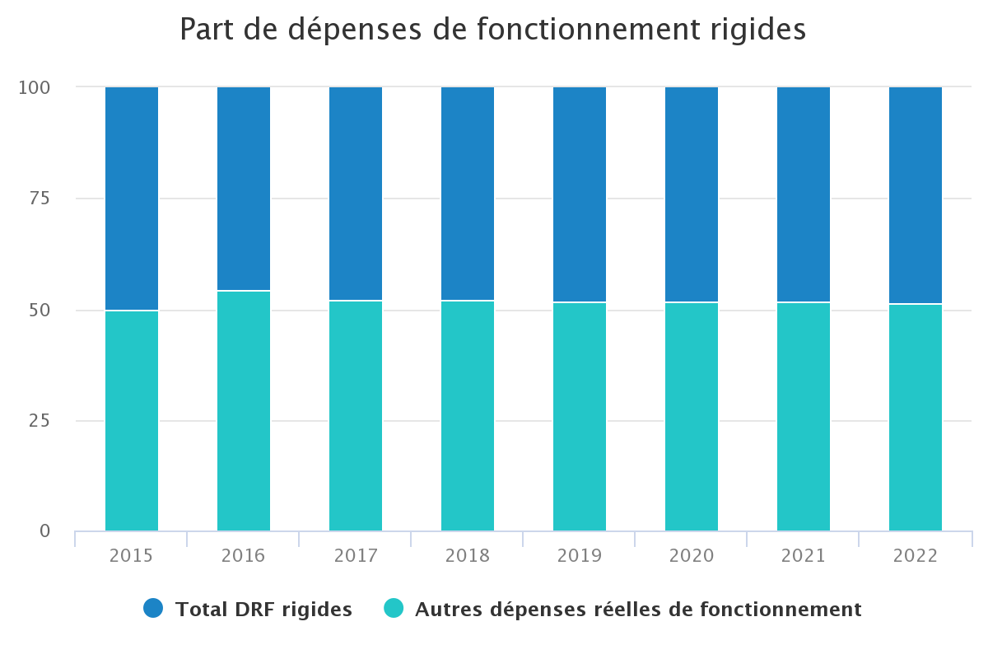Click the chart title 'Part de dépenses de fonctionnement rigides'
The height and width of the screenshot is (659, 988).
[492, 30]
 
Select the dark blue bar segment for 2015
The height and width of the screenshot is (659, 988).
[132, 199]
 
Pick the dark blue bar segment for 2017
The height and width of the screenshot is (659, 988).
[356, 194]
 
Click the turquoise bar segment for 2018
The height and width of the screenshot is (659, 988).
[468, 415]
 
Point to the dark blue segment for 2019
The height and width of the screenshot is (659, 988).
[580, 194]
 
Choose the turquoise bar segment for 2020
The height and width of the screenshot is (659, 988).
[692, 416]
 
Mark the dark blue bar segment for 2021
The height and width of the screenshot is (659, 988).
[804, 194]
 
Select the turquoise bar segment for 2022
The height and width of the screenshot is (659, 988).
[916, 417]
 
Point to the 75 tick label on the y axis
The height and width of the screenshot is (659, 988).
[39, 199]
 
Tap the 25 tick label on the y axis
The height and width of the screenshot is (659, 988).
[39, 421]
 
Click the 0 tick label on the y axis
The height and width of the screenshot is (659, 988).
[44, 531]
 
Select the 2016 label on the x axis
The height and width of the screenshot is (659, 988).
[244, 556]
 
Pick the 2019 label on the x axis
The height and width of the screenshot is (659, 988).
[580, 556]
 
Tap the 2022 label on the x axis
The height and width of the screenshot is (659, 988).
[916, 556]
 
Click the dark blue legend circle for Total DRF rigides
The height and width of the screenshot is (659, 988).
[154, 609]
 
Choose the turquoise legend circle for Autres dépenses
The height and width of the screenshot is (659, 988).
[394, 609]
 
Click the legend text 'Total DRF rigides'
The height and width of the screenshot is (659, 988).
[263, 610]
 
